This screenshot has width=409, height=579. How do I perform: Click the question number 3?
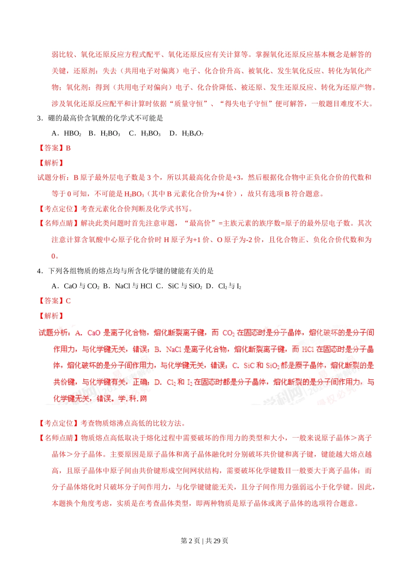tap(39, 118)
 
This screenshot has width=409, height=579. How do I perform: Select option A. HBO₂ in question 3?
tap(66, 134)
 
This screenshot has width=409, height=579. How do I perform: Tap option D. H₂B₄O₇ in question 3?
tap(186, 134)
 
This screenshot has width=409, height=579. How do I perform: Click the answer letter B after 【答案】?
tap(68, 148)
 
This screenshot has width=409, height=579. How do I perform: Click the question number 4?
tap(39, 271)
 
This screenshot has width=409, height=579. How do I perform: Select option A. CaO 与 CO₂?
tap(75, 286)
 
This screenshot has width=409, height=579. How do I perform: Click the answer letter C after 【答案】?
tap(68, 301)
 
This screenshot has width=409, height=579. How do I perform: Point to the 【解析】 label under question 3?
tap(51, 163)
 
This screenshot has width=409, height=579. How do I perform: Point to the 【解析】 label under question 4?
tap(51, 316)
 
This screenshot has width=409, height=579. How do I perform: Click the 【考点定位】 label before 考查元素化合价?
tap(58, 209)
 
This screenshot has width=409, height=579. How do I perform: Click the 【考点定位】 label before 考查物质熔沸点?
tap(58, 423)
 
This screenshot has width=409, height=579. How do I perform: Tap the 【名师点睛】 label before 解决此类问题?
tap(58, 223)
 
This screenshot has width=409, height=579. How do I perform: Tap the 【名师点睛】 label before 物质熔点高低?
tap(58, 438)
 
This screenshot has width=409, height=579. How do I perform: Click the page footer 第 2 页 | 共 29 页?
tap(204, 541)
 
